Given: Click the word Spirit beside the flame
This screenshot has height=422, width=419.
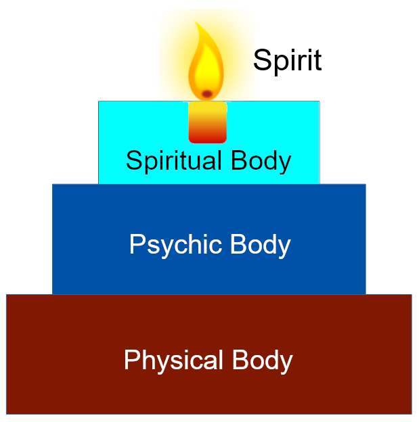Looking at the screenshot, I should point(287,61).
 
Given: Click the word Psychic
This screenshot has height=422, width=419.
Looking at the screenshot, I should point(176,245).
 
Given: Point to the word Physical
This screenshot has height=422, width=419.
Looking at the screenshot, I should point(174,360).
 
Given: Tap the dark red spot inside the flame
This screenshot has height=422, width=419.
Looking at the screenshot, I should point(207,93).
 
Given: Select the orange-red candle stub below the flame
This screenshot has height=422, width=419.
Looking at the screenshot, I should point(207,122).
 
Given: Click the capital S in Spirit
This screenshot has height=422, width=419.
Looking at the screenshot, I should point(261,61).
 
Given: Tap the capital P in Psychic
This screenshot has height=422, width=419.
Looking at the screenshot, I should point(136,244).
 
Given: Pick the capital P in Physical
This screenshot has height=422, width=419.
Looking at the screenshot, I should point(131,360).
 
